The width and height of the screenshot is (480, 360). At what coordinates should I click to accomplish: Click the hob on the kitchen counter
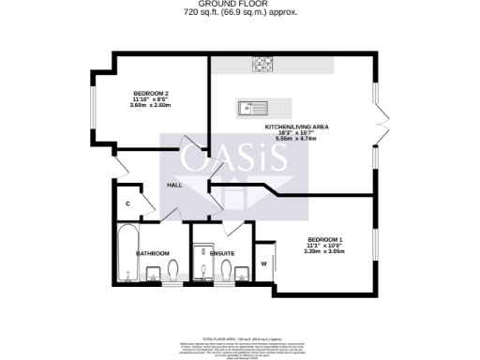262,65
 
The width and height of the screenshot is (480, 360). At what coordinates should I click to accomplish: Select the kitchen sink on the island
253,107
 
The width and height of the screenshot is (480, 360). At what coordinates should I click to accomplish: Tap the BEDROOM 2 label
151,94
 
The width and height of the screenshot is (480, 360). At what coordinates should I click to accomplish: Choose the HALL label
174,186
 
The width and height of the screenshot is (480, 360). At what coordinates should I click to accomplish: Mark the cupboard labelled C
127,203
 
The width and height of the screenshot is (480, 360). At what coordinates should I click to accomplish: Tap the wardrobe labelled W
263,262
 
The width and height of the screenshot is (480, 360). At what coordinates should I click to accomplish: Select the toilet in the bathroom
175,271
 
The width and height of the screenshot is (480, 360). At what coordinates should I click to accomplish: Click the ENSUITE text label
221,254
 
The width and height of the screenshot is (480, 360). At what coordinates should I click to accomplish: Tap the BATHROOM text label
152,254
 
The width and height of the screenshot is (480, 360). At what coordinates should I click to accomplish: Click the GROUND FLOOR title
240,5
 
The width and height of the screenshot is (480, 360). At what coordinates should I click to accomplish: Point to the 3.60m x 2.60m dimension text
151,106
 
